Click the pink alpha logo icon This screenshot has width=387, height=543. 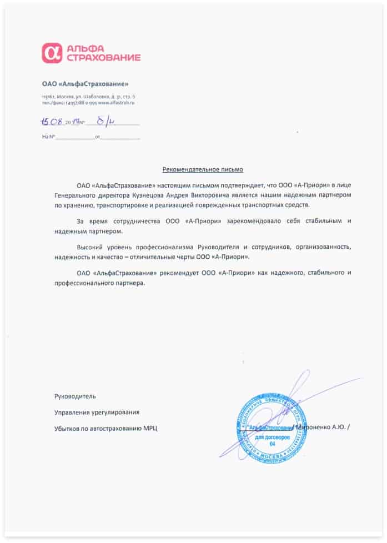point(52,53)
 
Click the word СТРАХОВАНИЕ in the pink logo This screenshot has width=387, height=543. point(103,58)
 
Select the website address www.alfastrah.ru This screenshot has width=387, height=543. point(117,103)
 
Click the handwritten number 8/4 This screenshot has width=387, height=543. point(104,120)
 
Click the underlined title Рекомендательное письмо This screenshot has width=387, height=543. point(203,168)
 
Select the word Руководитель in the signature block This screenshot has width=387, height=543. point(75,396)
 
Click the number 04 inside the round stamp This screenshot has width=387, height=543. point(272,444)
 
